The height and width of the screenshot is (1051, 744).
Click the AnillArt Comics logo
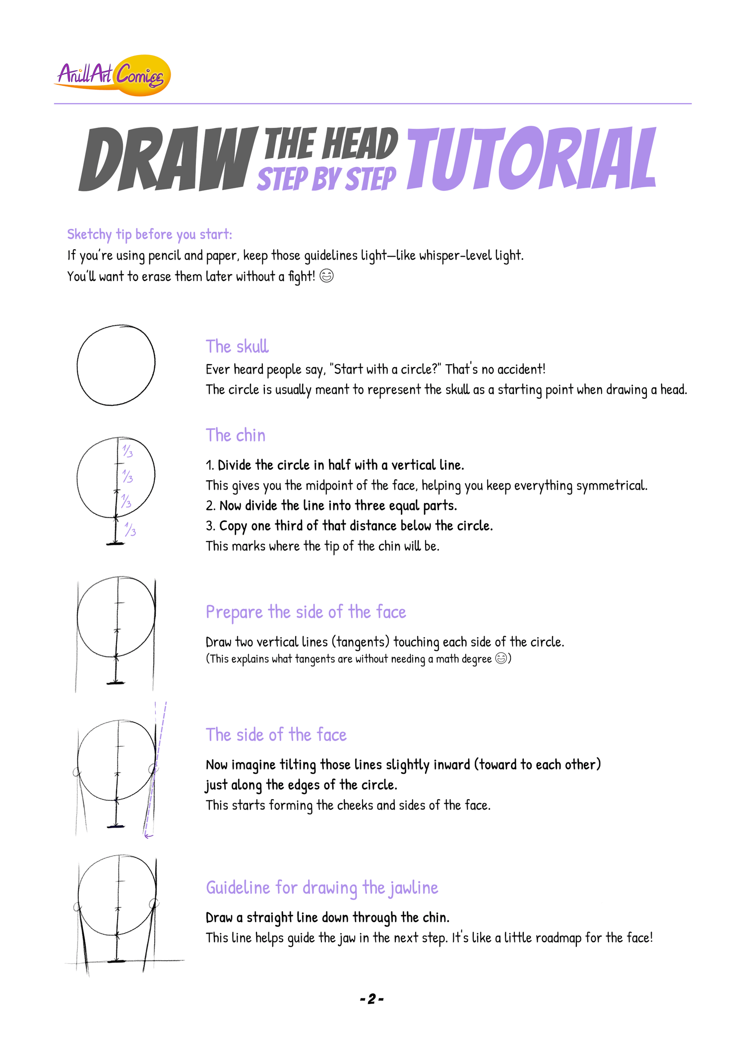pos(113,75)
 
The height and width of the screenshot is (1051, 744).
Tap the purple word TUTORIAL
pos(532,158)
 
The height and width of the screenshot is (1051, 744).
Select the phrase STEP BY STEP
pos(327,179)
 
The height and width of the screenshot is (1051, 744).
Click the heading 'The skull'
pos(237,346)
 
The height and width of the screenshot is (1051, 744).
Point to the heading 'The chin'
pos(236,435)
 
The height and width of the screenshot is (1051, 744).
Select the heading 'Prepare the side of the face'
pos(306,612)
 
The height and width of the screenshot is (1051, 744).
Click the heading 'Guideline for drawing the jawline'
pos(322,888)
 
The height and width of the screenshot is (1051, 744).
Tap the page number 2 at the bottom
pos(372,999)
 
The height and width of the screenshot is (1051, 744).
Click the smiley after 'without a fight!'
pos(326,276)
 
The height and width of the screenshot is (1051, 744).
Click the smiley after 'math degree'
pos(501,658)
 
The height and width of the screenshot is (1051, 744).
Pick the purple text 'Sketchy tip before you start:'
pos(150,234)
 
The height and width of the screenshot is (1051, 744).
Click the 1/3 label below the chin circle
pos(130,530)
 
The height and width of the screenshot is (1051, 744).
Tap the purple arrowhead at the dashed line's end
pos(147,836)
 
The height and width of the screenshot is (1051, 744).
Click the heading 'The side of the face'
pos(276,735)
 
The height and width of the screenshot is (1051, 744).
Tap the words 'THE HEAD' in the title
pos(331,144)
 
